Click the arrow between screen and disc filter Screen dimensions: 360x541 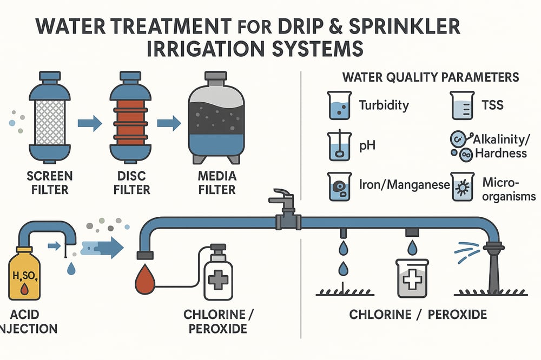pos(89,124)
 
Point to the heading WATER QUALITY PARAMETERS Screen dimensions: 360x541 pos(430,77)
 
